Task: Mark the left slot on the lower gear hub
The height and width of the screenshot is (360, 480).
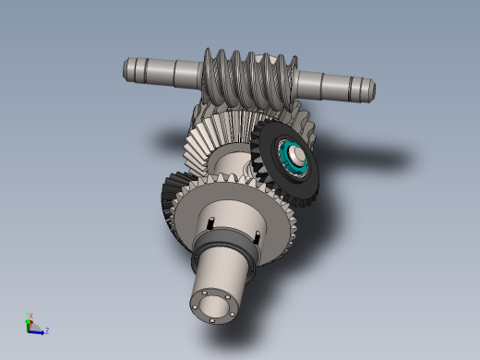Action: (211, 222)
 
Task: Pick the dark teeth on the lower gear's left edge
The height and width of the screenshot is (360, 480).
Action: (171, 208)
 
